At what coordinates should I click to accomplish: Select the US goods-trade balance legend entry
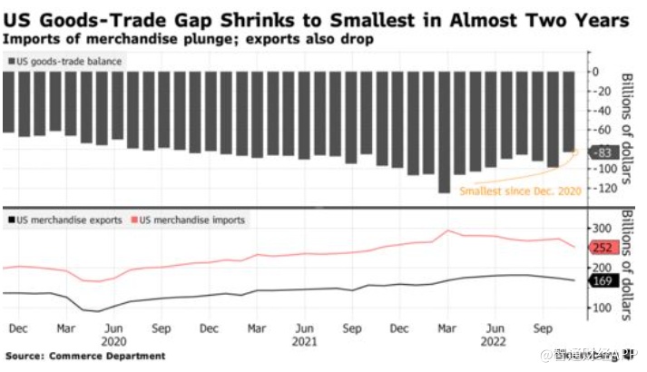click(x=68, y=61)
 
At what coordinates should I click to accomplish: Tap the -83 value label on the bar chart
click(x=602, y=152)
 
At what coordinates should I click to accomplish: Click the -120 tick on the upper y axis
click(x=600, y=188)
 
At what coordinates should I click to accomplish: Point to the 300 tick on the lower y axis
click(x=602, y=227)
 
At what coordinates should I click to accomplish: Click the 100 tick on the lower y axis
click(x=602, y=308)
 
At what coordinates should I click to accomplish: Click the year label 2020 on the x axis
click(x=113, y=343)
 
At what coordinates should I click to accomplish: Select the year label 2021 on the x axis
click(x=305, y=343)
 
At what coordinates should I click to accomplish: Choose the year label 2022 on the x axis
click(x=495, y=343)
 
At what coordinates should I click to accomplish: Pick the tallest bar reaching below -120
click(x=444, y=132)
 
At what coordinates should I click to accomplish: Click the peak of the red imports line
click(x=446, y=230)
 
